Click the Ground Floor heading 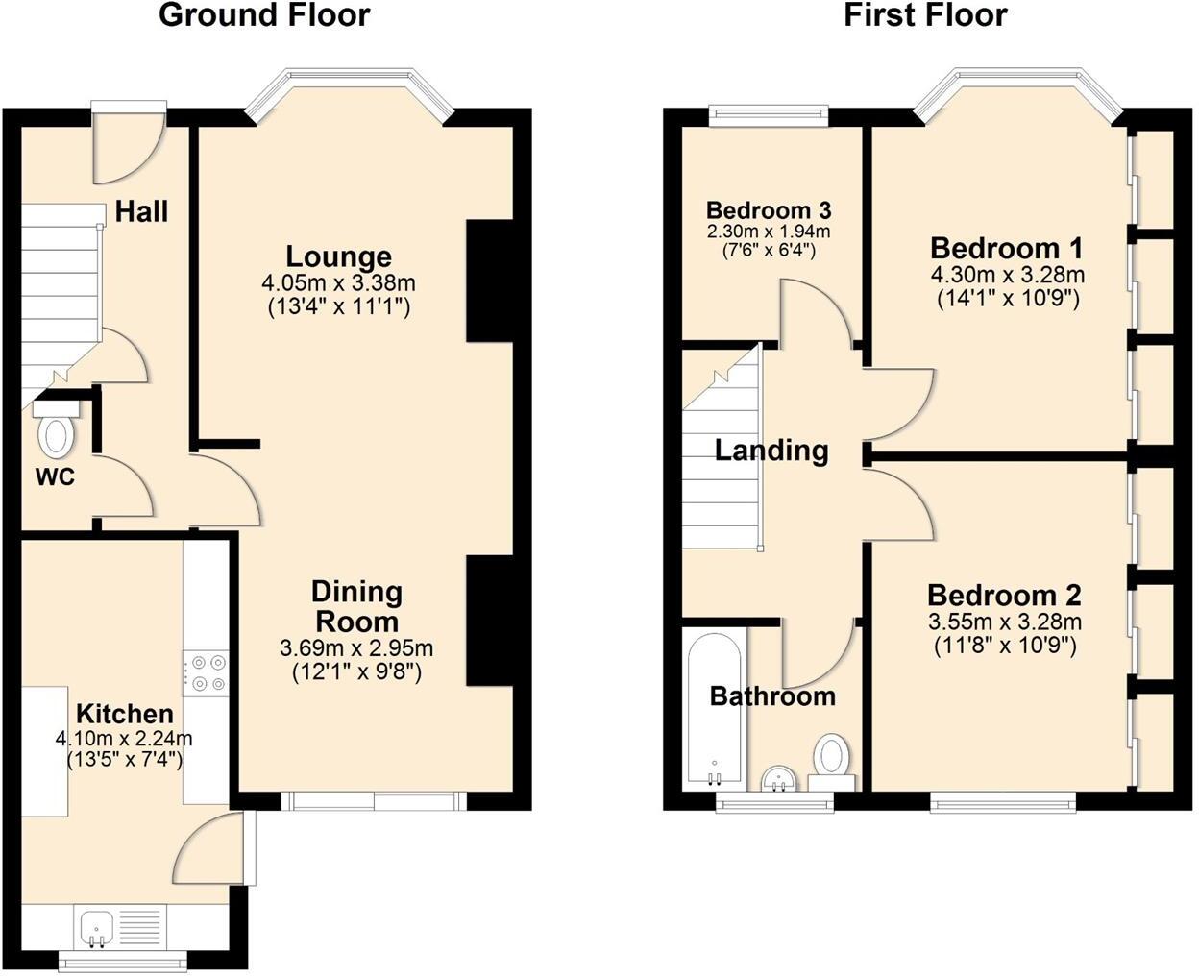click(x=264, y=15)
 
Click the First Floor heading click(x=925, y=15)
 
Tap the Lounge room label click(x=338, y=256)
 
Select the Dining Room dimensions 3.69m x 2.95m click(x=356, y=648)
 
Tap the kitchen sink click(x=97, y=928)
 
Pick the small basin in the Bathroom click(x=777, y=779)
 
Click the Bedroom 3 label click(x=769, y=210)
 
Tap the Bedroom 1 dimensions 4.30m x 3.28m click(x=1008, y=275)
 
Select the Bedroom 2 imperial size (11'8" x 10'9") click(x=1005, y=646)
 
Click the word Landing click(x=771, y=450)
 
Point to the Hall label click(x=141, y=211)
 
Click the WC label click(x=55, y=476)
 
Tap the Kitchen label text click(x=125, y=714)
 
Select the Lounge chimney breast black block click(x=488, y=281)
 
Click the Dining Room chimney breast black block click(x=488, y=621)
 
